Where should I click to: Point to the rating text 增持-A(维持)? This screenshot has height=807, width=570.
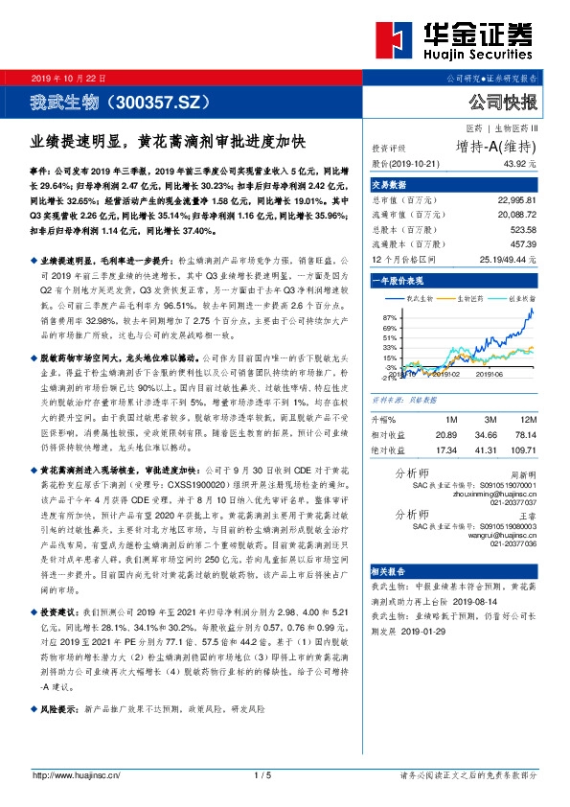495,147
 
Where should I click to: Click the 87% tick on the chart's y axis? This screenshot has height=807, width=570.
389,315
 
